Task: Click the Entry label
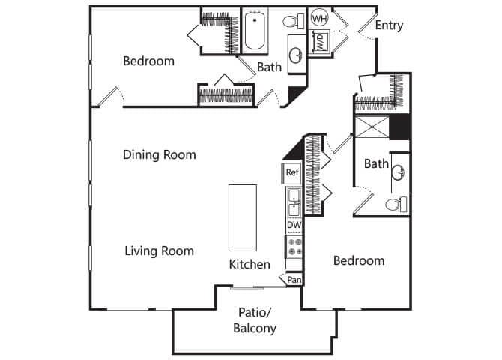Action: click(389, 25)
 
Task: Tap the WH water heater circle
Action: click(319, 18)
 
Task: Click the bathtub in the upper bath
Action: click(255, 31)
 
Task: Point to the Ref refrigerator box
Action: click(292, 172)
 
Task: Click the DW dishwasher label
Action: click(293, 224)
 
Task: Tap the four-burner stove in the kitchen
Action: click(294, 247)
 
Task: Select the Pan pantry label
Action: click(294, 280)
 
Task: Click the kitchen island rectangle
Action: click(242, 217)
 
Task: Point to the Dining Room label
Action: click(160, 155)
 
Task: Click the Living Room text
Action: click(159, 250)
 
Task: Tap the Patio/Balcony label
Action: click(255, 320)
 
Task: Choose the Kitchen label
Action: click(250, 264)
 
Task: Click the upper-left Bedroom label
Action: click(148, 61)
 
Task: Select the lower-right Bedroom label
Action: click(359, 261)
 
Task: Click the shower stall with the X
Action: click(372, 128)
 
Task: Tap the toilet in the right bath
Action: click(396, 203)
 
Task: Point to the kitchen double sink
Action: click(293, 199)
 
